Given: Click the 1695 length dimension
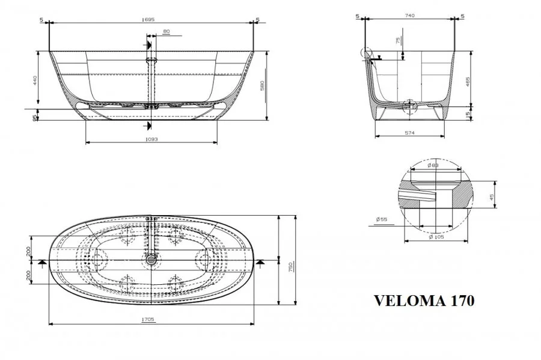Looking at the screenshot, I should click(148, 20).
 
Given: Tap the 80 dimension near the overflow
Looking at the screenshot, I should click(166, 31).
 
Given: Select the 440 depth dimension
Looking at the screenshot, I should click(35, 79).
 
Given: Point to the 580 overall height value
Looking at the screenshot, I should click(262, 86).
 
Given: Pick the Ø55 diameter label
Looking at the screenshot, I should click(382, 220).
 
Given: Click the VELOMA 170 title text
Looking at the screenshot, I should click(424, 300).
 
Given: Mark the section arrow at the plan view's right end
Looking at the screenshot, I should click(260, 262).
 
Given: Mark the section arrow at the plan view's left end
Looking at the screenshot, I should click(41, 262).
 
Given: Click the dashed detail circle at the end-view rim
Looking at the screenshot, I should click(366, 53).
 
